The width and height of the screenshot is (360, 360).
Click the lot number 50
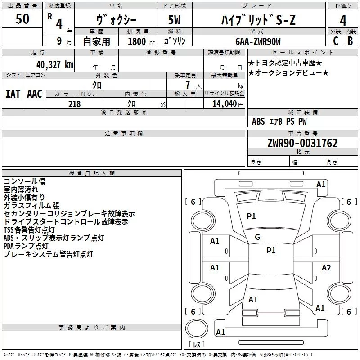tap(22, 19)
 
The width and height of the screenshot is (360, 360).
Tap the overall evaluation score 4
tap(343, 20)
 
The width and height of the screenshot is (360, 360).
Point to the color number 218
tap(74, 104)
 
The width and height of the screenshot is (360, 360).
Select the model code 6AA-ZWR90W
tap(258, 41)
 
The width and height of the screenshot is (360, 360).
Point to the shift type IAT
tap(13, 94)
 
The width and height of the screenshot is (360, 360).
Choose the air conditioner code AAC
tap(34, 94)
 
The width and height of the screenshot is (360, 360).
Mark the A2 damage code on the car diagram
tap(326, 268)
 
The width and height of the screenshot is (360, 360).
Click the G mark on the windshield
tap(257, 237)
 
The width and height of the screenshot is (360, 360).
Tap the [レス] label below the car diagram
tap(196, 345)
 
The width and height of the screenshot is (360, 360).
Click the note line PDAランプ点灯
tap(26, 246)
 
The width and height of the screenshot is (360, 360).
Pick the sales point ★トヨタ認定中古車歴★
tap(285, 62)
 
